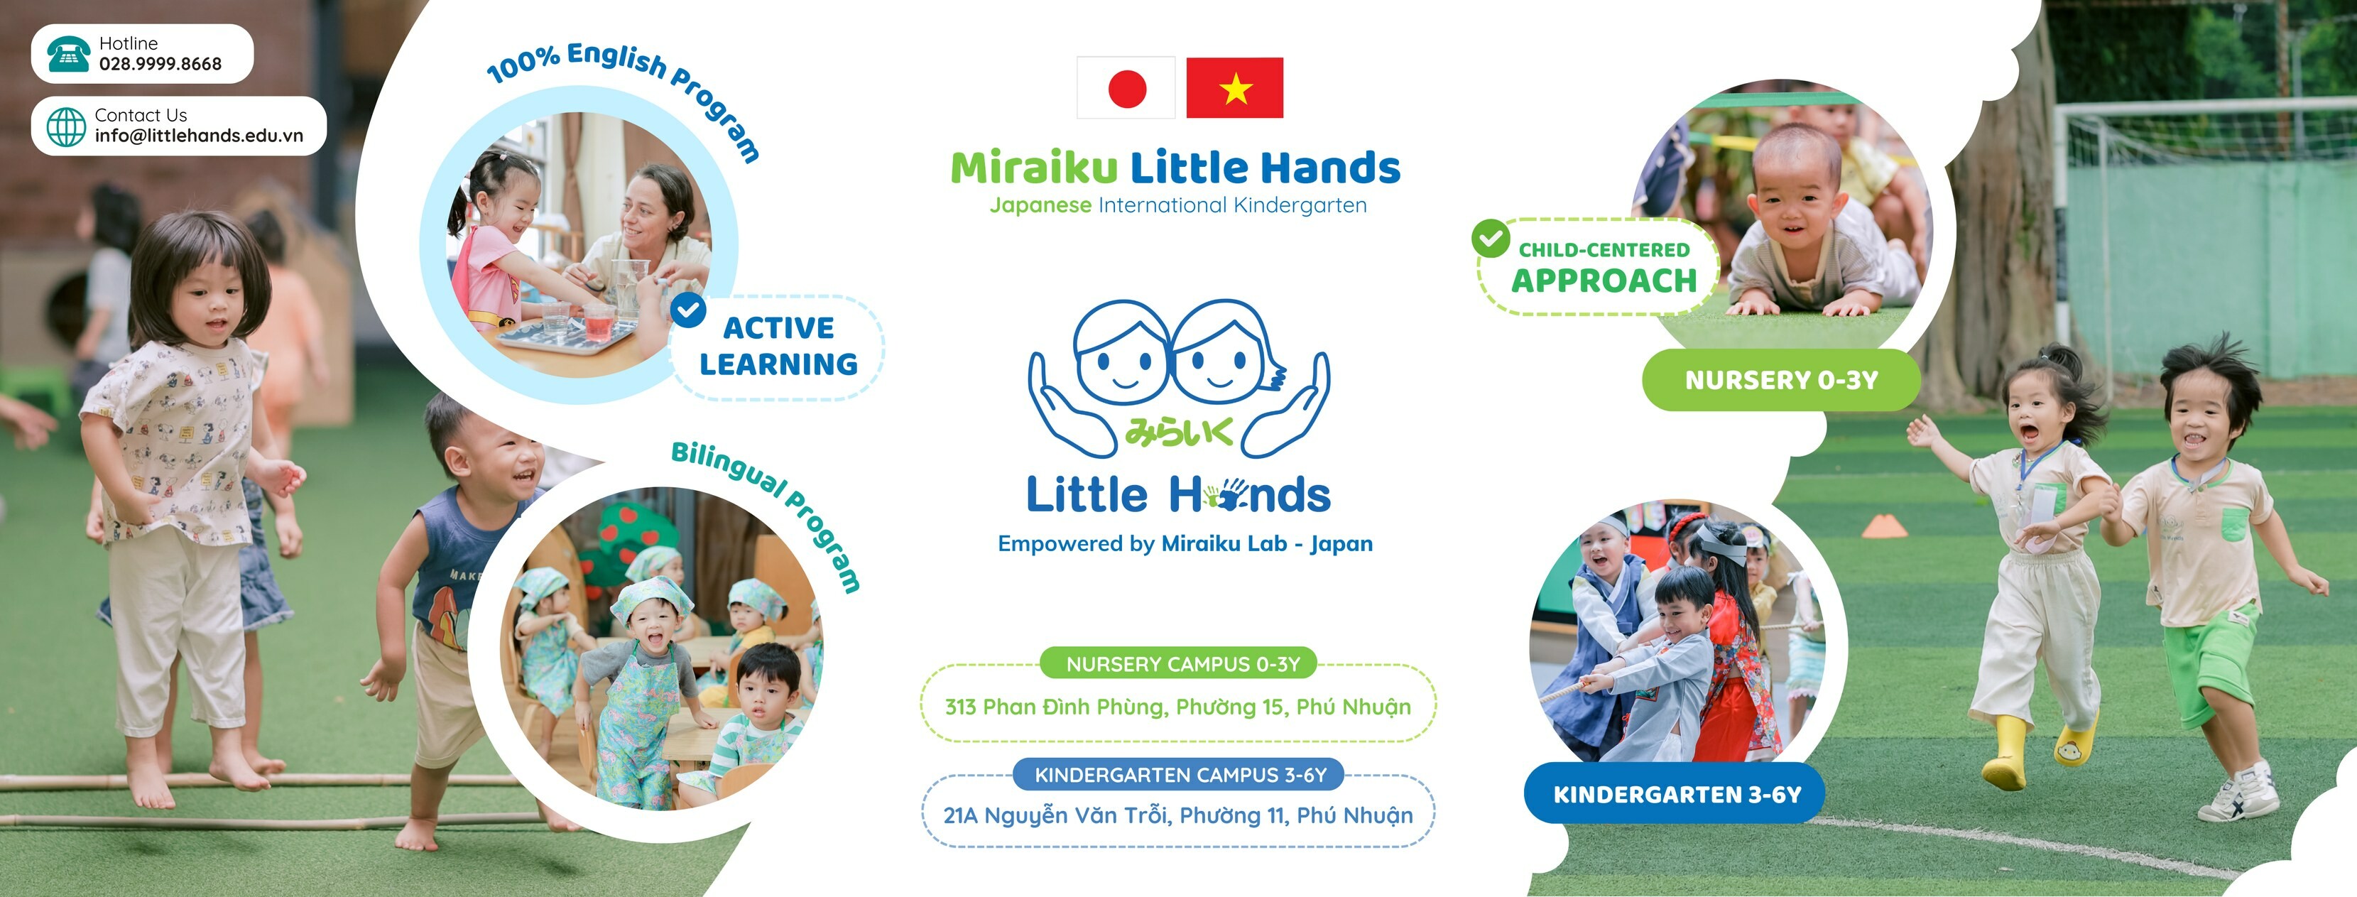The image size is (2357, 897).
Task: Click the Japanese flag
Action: (1126, 88)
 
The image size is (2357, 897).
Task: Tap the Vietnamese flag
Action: (1234, 88)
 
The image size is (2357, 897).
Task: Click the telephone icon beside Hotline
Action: (67, 54)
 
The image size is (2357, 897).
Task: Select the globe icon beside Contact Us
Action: (66, 126)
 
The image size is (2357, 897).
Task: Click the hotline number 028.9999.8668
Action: (160, 64)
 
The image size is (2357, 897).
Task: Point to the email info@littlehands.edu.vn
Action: (199, 136)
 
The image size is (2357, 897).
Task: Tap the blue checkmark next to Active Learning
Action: (688, 310)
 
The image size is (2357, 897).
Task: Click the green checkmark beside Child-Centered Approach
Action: (1490, 238)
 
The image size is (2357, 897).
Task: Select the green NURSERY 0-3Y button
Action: (1780, 380)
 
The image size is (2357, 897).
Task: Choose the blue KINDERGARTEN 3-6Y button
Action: (1676, 793)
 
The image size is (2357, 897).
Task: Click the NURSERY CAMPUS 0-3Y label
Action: (1182, 663)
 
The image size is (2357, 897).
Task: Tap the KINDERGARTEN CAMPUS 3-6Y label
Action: (1180, 774)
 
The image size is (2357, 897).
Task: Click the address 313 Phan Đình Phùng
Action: (1177, 707)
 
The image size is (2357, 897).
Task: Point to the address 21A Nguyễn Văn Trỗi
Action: (1177, 815)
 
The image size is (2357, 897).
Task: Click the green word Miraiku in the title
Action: (1034, 168)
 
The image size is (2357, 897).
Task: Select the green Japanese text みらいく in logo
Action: (1179, 432)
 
